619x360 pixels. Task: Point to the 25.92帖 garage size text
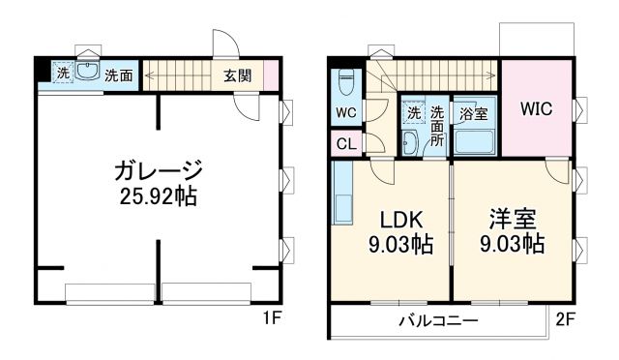pyautogui.click(x=157, y=196)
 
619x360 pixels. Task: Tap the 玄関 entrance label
pyautogui.click(x=238, y=75)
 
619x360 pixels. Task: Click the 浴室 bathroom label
pyautogui.click(x=474, y=113)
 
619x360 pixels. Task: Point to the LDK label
pyautogui.click(x=395, y=217)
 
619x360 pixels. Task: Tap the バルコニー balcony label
pyautogui.click(x=438, y=319)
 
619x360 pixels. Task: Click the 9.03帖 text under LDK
pyautogui.click(x=395, y=244)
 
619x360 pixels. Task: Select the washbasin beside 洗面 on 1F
pyautogui.click(x=86, y=74)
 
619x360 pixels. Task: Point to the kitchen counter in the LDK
pyautogui.click(x=342, y=194)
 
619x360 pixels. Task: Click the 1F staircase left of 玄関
pyautogui.click(x=178, y=75)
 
